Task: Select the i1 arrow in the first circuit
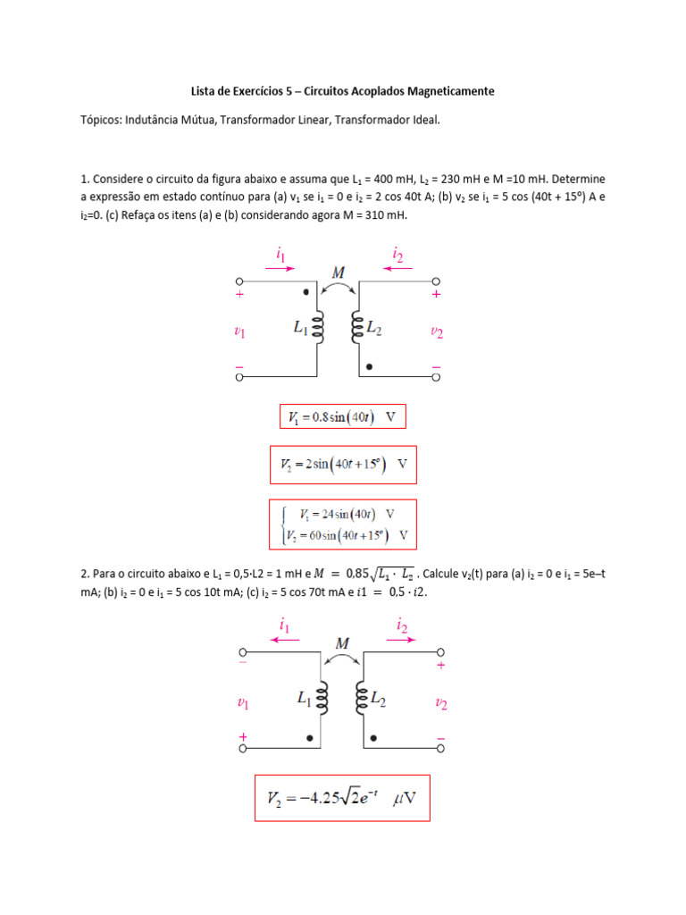coord(280,266)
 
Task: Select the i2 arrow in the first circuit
coord(397,266)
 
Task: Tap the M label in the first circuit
coord(339,272)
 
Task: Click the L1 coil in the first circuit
coord(318,329)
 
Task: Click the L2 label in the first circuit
coord(372,329)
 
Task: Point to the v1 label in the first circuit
coord(240,332)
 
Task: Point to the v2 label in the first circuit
coord(437,332)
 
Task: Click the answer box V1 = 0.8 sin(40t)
coord(343,417)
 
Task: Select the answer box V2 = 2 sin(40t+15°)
coord(343,465)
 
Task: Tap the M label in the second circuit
coord(342,642)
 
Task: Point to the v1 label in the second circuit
coord(242,703)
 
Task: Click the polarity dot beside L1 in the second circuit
coord(310,738)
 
